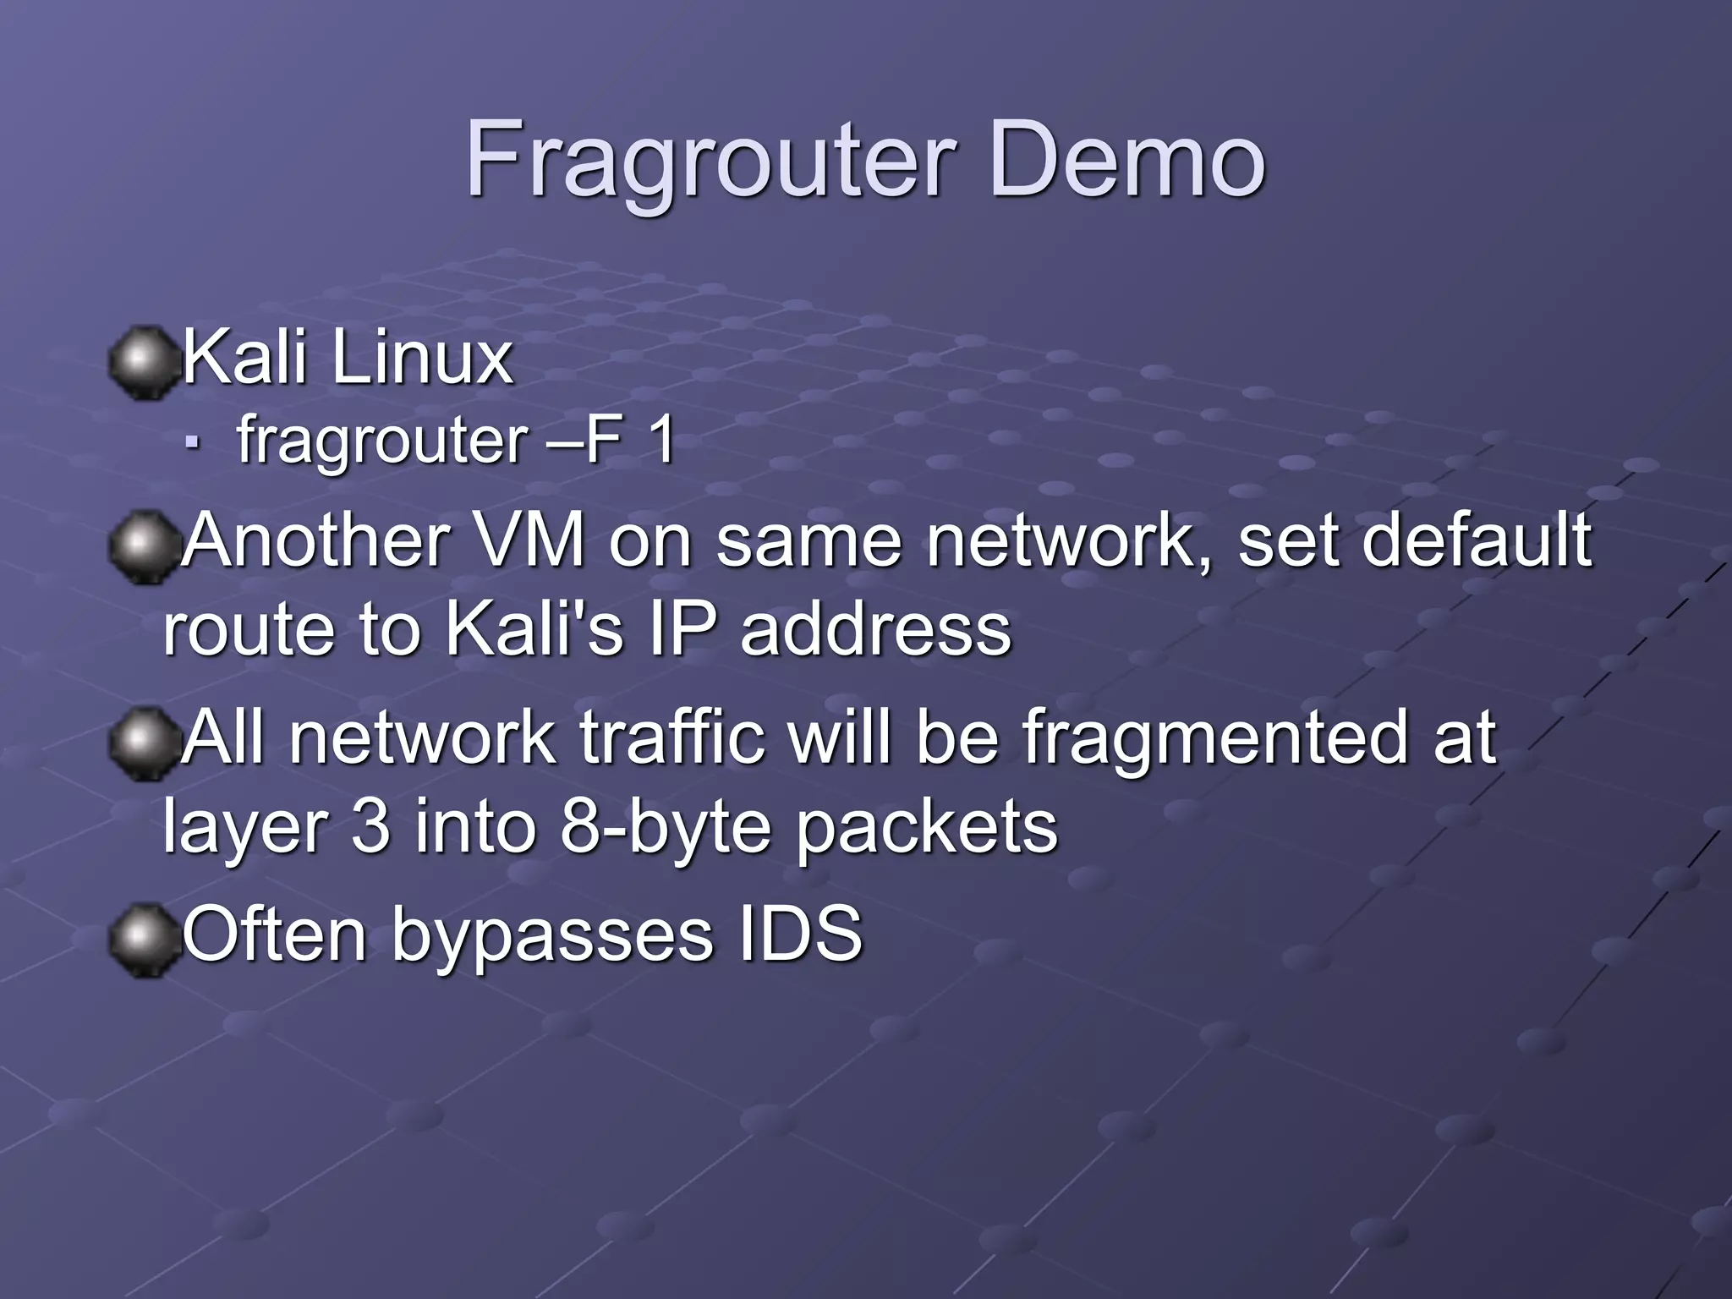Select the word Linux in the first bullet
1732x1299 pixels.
tap(422, 358)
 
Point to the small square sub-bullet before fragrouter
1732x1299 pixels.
tap(194, 442)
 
